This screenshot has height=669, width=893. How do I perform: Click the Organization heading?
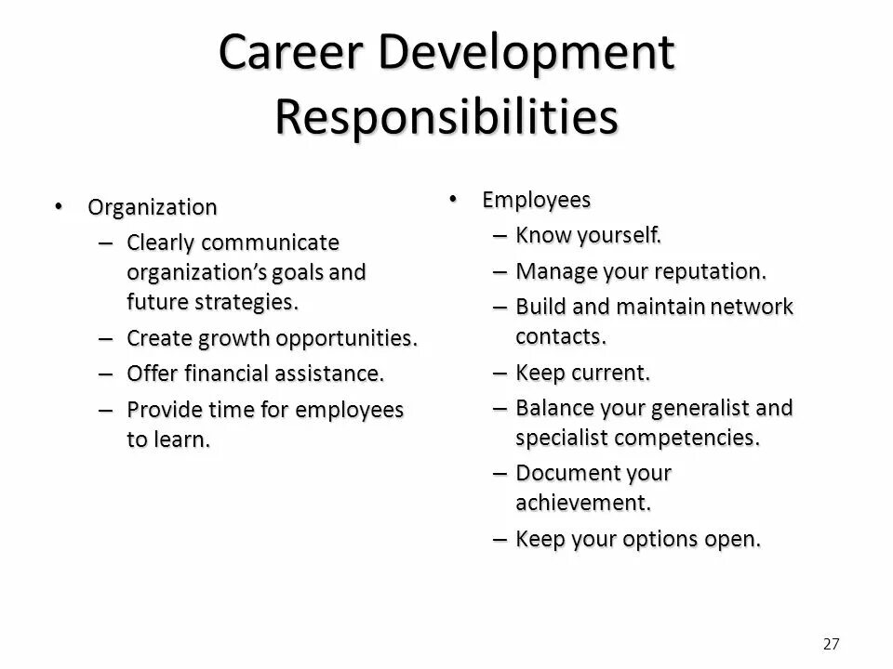pos(153,206)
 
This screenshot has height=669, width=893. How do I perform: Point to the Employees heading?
pos(536,200)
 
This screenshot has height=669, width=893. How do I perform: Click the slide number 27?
pos(832,643)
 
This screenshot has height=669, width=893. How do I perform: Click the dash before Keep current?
pos(499,373)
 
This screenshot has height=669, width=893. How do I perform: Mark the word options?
pos(656,539)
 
